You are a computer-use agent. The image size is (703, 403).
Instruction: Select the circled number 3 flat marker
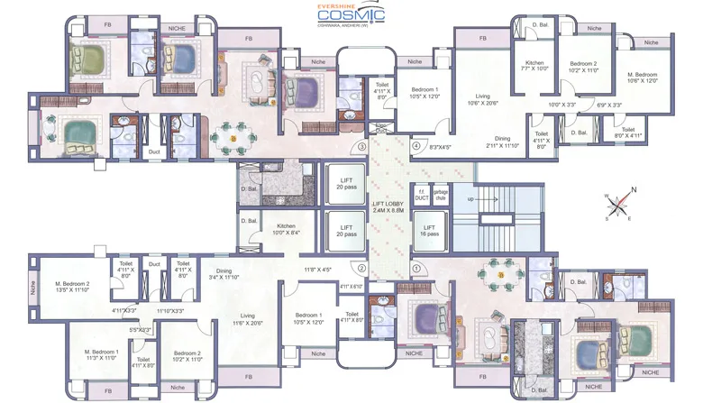362,146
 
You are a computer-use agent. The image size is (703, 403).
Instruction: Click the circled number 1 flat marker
416,268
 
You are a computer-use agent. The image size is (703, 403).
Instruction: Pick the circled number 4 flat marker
416,146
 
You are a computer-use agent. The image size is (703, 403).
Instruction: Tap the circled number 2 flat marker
362,268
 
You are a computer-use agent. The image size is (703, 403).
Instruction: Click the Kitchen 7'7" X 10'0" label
534,67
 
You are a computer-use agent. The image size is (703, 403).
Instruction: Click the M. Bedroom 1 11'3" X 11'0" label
101,354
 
